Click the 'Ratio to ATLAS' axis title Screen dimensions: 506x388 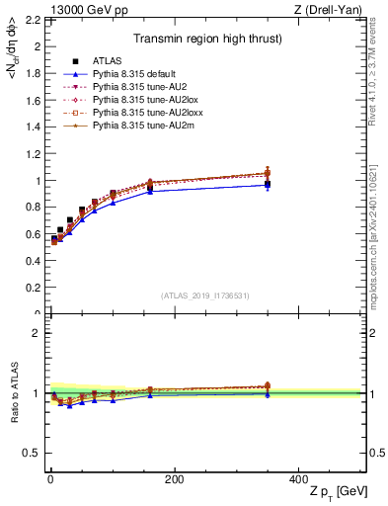tap(14, 392)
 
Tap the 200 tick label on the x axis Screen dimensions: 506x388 tap(174, 478)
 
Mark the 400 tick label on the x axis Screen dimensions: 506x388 tap(298, 478)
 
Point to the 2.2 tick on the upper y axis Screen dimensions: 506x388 tap(32, 20)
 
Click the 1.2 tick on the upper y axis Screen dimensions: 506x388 tap(32, 154)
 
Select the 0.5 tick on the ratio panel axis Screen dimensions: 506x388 tap(32, 453)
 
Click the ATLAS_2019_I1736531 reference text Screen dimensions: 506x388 tap(204, 295)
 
